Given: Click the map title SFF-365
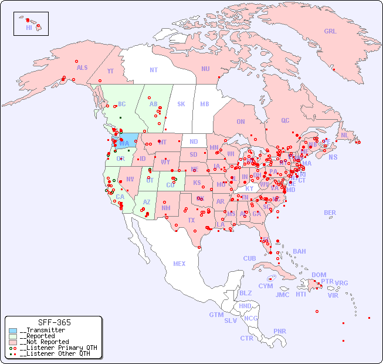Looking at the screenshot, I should point(54,322).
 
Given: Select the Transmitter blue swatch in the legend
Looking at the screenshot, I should point(12,331).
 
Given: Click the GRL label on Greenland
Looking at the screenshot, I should point(330,32).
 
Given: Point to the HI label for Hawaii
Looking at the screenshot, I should point(29,28).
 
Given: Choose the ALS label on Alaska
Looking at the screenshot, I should point(82,68).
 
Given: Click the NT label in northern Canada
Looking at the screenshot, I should point(154,70).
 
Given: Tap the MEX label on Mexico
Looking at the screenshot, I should point(179,264).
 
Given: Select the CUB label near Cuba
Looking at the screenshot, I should point(249,258).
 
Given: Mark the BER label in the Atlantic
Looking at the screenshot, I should point(330,213).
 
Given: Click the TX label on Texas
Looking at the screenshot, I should point(191,220).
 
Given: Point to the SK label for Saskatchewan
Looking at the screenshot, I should point(181,105).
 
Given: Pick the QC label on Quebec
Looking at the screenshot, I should point(285,120).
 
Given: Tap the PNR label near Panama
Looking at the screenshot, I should point(280,331).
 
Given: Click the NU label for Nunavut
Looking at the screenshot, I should point(205,69).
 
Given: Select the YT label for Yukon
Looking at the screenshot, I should point(110,71).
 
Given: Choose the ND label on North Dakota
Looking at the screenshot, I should point(194,141).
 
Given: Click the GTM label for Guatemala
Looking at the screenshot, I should point(216,315).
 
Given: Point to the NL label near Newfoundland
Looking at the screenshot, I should point(344,134).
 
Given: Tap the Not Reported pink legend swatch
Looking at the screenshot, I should point(12,342).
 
